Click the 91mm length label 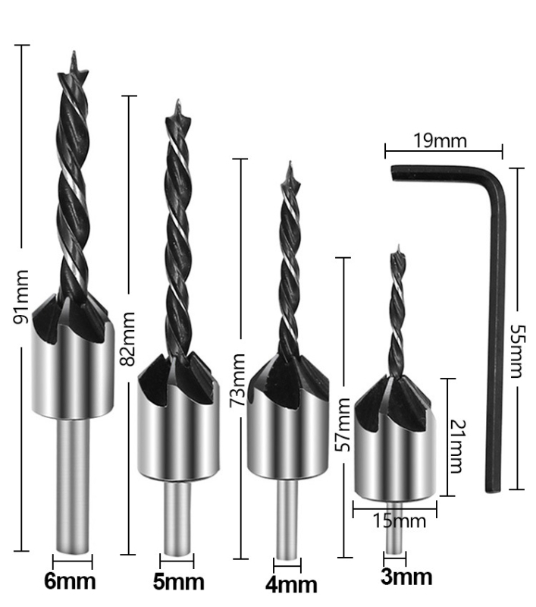click(x=21, y=297)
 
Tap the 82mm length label click(x=127, y=339)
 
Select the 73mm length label click(x=237, y=380)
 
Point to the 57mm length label click(x=343, y=425)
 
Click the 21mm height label click(x=457, y=446)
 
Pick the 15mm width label click(x=399, y=521)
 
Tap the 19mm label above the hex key click(x=440, y=141)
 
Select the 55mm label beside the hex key click(x=517, y=351)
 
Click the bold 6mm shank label click(x=70, y=581)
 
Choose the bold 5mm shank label click(x=179, y=581)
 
